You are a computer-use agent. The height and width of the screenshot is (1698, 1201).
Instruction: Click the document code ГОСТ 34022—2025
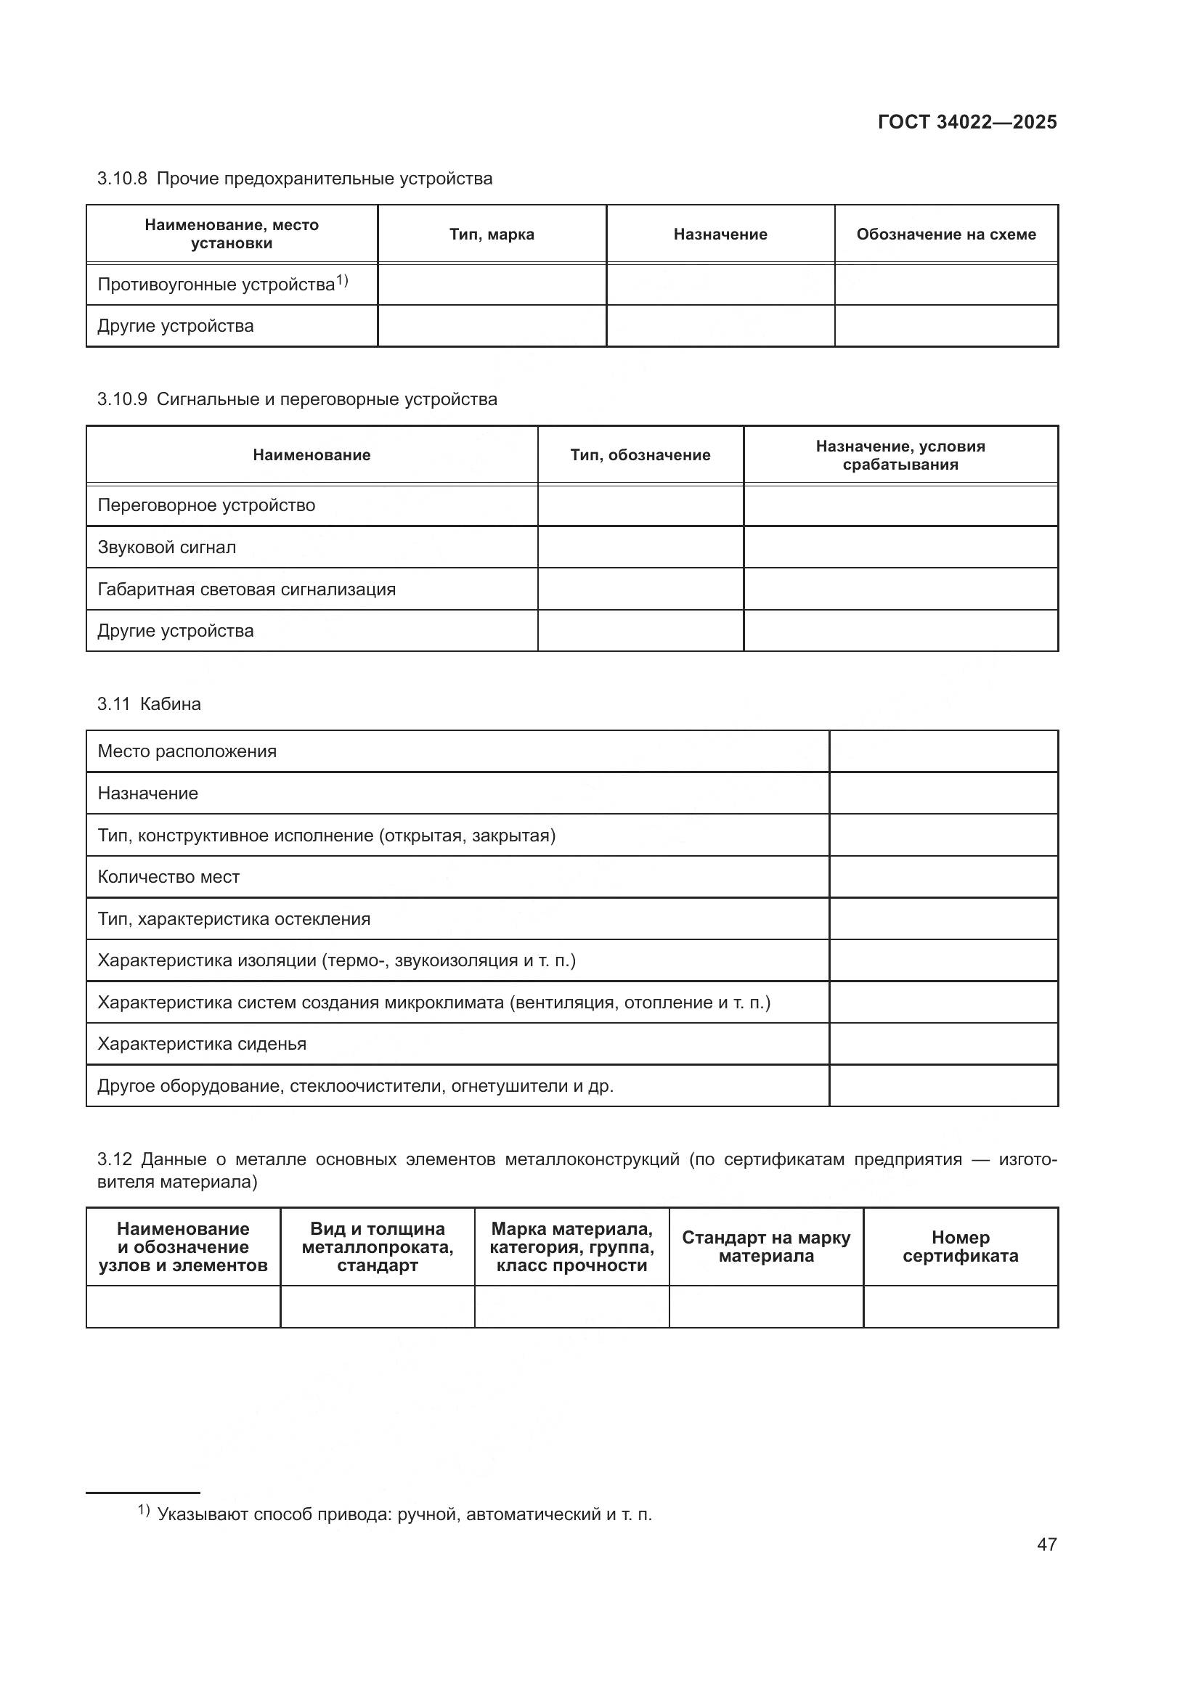(x=966, y=122)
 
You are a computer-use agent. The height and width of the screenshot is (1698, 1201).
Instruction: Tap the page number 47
(x=1046, y=1544)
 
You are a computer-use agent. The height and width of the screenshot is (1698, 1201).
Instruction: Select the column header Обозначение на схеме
(x=946, y=234)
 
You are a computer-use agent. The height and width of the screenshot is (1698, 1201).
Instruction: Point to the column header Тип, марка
(x=492, y=234)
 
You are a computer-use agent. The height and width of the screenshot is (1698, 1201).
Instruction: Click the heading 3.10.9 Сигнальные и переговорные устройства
(x=296, y=399)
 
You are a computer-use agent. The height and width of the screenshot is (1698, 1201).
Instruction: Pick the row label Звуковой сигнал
(x=167, y=547)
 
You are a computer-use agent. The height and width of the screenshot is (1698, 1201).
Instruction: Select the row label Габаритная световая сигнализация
(x=246, y=589)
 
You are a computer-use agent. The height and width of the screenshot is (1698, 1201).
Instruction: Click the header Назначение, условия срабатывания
(x=900, y=455)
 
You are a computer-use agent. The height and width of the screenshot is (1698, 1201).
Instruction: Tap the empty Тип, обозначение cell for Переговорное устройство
(x=640, y=506)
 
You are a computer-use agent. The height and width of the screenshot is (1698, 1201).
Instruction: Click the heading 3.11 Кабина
(x=149, y=704)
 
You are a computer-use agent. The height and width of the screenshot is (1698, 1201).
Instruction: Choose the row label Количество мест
(x=168, y=877)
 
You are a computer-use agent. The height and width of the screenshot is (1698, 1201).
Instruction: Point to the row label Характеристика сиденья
(x=202, y=1044)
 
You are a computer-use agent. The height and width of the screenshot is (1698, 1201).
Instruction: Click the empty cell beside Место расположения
(x=943, y=751)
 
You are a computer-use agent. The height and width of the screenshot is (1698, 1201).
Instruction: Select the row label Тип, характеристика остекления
(x=234, y=919)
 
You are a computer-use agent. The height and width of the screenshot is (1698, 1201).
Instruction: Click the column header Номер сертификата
(x=960, y=1246)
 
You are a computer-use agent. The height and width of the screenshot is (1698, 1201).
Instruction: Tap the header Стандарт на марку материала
(x=765, y=1246)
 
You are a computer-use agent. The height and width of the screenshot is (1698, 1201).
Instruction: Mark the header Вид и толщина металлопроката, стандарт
(x=377, y=1246)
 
